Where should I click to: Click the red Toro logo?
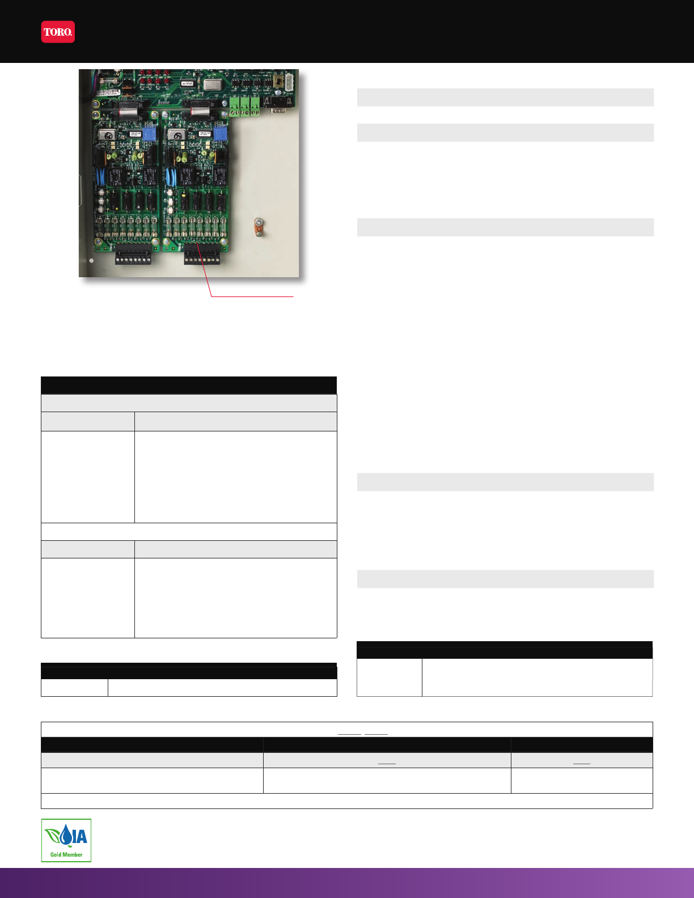(58, 32)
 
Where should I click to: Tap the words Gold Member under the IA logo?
(66, 854)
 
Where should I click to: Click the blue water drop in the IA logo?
(67, 835)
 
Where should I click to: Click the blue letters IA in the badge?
(80, 836)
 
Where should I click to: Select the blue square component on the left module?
(149, 134)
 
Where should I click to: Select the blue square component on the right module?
(219, 134)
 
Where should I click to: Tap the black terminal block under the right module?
(202, 257)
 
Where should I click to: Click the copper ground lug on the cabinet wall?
(258, 227)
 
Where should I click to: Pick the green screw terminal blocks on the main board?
(245, 105)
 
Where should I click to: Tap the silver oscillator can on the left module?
(106, 135)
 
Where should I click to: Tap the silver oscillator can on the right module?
(177, 135)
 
